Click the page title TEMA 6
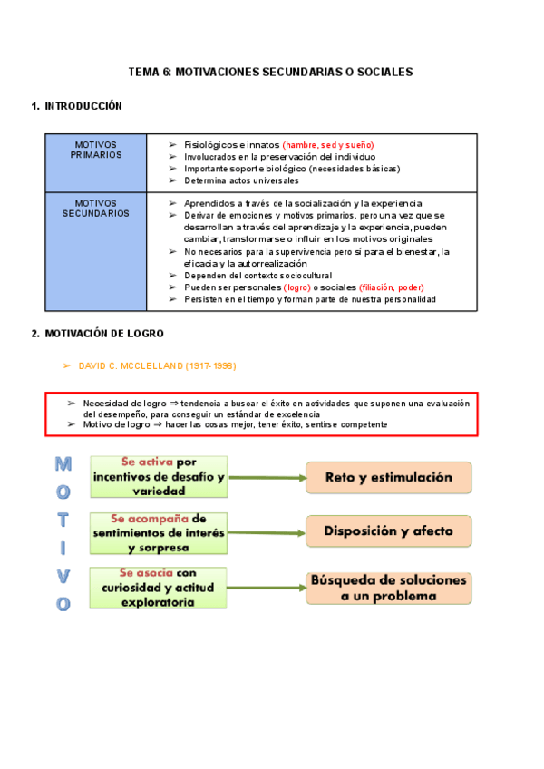tap(270, 71)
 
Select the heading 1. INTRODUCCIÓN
tap(77, 106)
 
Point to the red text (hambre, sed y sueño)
tap(327, 145)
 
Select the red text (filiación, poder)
tap(391, 287)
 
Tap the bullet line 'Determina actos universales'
tap(240, 180)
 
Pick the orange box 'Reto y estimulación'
tap(389, 477)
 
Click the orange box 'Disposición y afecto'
tap(389, 531)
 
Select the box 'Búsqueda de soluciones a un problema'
tap(389, 588)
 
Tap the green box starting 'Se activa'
tap(158, 477)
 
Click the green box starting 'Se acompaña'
tap(158, 532)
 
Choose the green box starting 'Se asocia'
tap(158, 587)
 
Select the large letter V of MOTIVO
tap(63, 576)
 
